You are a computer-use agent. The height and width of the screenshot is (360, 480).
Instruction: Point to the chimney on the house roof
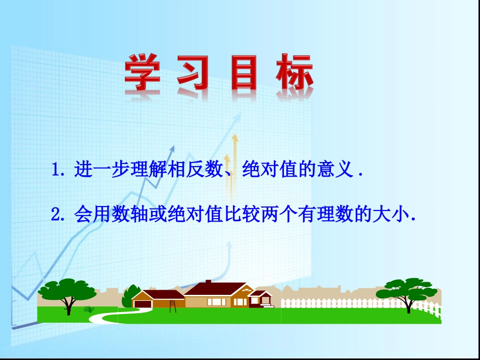point(208,282)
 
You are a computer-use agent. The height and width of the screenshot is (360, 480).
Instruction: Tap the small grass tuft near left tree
point(89,309)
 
